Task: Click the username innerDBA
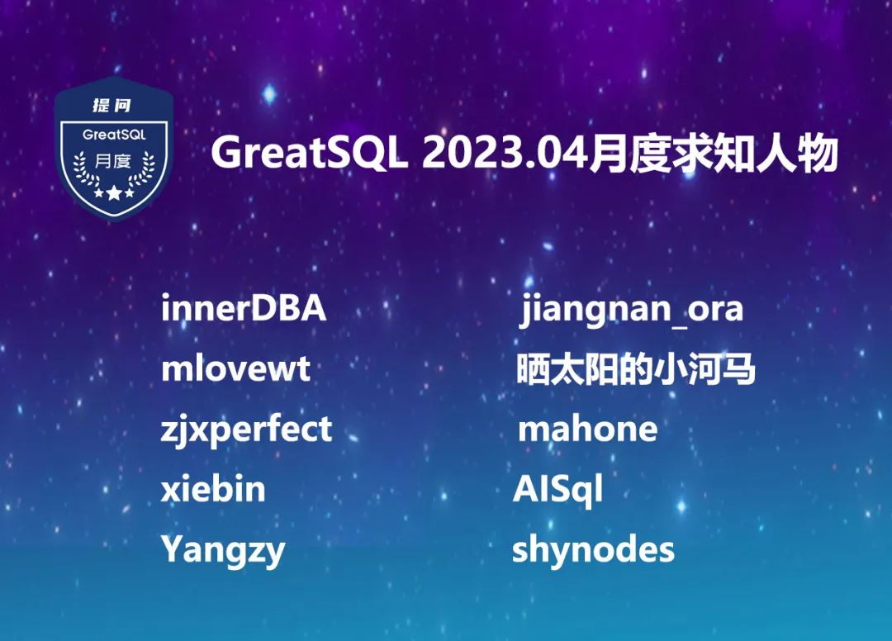pos(244,308)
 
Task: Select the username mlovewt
pos(235,368)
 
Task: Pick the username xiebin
pos(213,488)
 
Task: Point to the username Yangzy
pos(223,551)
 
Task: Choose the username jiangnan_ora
pos(632,310)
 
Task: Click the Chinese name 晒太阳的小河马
pos(635,368)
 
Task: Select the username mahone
pos(588,428)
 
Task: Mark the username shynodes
pos(593,551)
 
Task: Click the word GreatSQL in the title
pos(310,153)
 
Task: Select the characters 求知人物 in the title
pos(754,153)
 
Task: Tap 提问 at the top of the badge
pos(112,105)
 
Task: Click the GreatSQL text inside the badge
pos(114,135)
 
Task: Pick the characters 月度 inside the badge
pos(113,161)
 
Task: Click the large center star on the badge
pos(114,192)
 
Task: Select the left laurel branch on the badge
pos(85,169)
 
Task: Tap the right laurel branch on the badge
pos(142,169)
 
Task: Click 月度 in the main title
pos(629,153)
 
